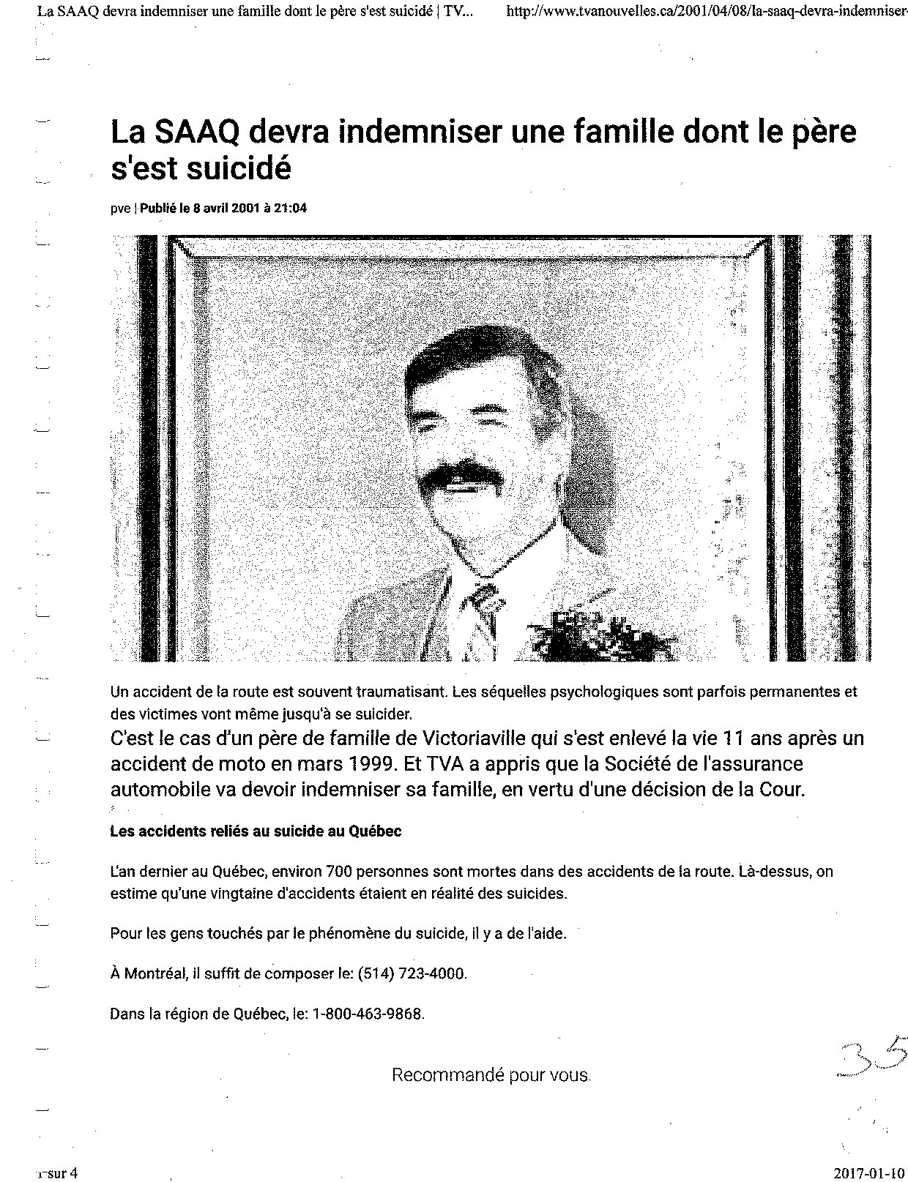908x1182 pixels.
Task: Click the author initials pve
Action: [119, 209]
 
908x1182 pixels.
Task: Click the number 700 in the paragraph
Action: [340, 872]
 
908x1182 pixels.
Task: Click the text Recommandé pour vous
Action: [491, 1075]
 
